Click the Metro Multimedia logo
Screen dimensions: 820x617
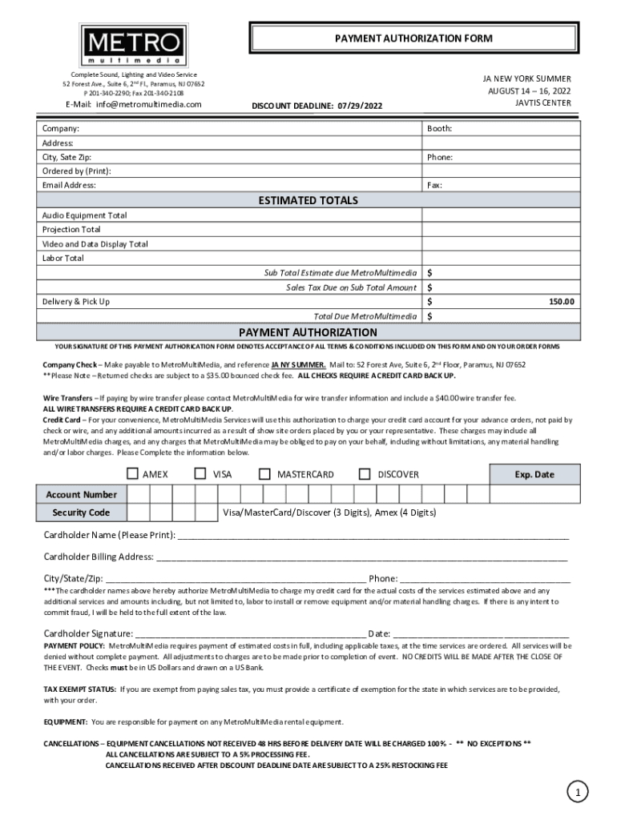click(x=135, y=45)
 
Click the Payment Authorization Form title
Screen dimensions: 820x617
click(x=413, y=38)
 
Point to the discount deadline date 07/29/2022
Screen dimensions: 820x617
click(x=355, y=105)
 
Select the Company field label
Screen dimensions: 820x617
click(x=61, y=128)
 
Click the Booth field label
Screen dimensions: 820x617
click(x=440, y=128)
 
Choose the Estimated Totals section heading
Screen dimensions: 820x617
click(x=308, y=200)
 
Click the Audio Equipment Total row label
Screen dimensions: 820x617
click(x=84, y=215)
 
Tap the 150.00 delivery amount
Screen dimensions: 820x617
click(x=561, y=302)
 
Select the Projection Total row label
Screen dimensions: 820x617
click(x=71, y=230)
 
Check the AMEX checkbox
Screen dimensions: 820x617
click(x=132, y=474)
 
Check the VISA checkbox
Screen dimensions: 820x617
click(x=201, y=474)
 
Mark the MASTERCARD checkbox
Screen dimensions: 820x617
click(x=265, y=474)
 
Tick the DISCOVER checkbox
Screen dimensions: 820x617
click(x=365, y=474)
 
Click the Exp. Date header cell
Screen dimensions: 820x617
click(x=534, y=475)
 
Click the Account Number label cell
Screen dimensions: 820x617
click(x=81, y=495)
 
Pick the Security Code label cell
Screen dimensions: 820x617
click(x=81, y=512)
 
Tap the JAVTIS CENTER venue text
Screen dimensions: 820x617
click(x=542, y=103)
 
